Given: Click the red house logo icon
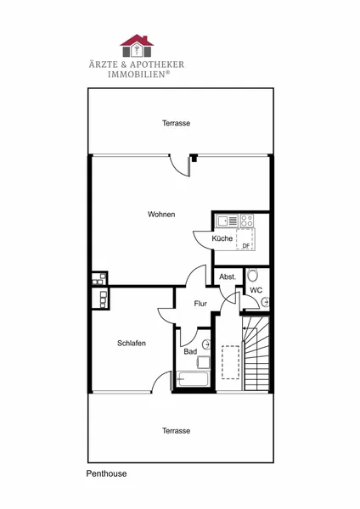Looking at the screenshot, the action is click(x=137, y=46).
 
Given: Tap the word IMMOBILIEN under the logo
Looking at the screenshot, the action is click(x=138, y=75).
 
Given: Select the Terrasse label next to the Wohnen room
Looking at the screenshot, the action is click(x=176, y=123).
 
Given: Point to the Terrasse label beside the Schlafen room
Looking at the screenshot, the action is click(x=176, y=431).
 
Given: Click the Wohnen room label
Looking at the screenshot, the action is click(x=161, y=215).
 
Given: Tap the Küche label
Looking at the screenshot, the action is click(x=222, y=238).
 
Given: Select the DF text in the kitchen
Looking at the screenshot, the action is click(x=246, y=246).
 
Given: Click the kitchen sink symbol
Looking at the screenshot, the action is click(x=228, y=221).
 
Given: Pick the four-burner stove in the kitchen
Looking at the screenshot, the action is click(x=246, y=221).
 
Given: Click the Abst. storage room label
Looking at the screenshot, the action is click(x=228, y=277).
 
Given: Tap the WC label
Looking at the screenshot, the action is click(x=256, y=290).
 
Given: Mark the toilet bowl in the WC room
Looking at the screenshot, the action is click(x=252, y=275).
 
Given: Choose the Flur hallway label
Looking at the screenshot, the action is click(x=200, y=304).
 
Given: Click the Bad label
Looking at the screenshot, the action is click(x=190, y=351).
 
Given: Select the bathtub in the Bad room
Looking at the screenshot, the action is click(x=193, y=379).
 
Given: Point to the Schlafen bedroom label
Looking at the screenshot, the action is click(x=132, y=343).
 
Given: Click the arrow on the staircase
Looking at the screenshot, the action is click(x=250, y=328).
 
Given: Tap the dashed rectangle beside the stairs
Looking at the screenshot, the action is click(x=231, y=362).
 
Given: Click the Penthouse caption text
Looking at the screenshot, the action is click(x=107, y=473).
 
